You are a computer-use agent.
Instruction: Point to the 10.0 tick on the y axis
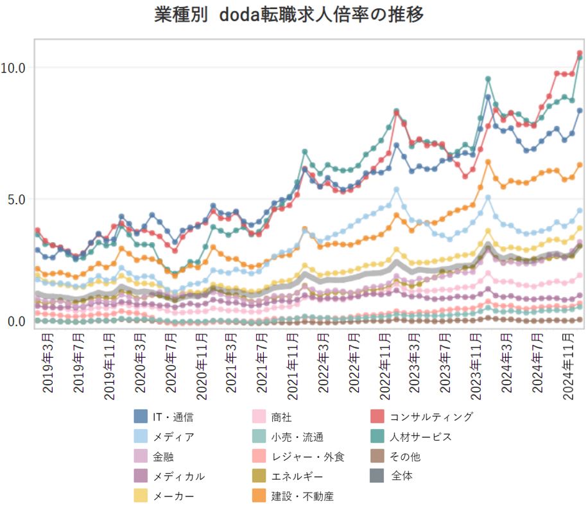(x=13, y=67)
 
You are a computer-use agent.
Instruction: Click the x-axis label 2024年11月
(x=567, y=363)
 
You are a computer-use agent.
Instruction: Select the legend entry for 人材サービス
(x=420, y=437)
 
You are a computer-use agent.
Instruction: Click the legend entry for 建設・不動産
(x=302, y=496)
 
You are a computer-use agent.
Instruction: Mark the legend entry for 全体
(x=402, y=476)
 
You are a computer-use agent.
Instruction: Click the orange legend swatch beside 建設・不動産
(x=261, y=496)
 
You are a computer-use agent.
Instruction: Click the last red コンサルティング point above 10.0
(x=580, y=53)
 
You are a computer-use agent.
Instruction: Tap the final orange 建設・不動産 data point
(x=580, y=165)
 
